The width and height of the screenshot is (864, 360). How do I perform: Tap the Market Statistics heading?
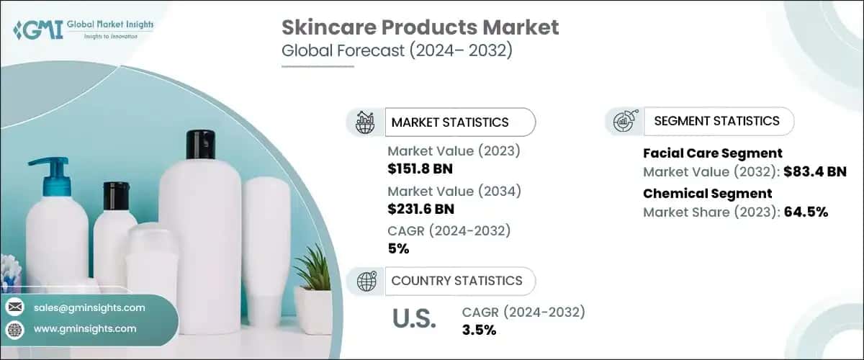click(x=449, y=122)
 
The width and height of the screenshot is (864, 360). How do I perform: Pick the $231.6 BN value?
click(x=420, y=210)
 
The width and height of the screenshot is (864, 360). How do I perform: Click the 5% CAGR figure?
click(x=398, y=249)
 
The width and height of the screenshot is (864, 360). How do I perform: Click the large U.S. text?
click(x=415, y=319)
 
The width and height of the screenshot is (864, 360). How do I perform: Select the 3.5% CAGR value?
click(x=479, y=330)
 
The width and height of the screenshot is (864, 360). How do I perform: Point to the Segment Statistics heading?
click(x=716, y=121)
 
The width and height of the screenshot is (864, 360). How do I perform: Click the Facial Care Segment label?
click(x=712, y=153)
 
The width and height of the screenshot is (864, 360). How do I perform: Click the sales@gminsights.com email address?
click(x=89, y=307)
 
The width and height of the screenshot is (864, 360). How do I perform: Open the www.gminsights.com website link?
click(x=84, y=328)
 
